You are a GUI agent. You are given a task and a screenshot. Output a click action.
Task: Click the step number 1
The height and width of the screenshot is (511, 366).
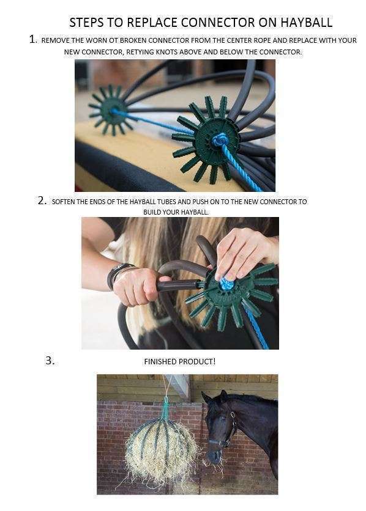(33, 40)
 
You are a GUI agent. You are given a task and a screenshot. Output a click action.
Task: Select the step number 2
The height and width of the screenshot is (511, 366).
(42, 200)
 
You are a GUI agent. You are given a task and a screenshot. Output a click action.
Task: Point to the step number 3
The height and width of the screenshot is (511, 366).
(50, 361)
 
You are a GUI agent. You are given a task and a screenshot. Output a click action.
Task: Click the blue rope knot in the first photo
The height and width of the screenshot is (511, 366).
(219, 140)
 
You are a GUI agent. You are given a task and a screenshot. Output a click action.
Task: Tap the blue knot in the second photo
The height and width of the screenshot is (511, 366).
(225, 283)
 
